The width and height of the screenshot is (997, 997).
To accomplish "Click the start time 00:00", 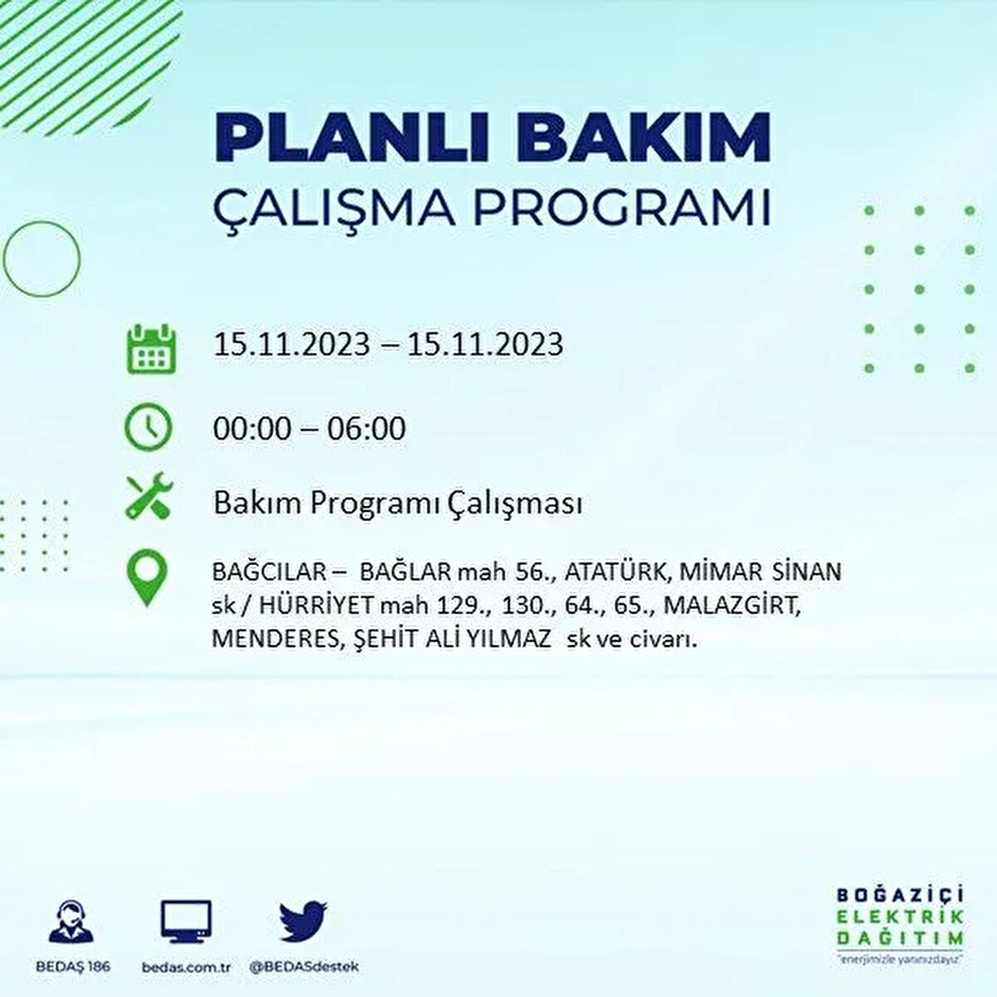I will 252,429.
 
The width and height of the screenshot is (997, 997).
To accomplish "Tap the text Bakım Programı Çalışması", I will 397,503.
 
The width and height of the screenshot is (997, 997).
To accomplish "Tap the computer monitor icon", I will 185,923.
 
